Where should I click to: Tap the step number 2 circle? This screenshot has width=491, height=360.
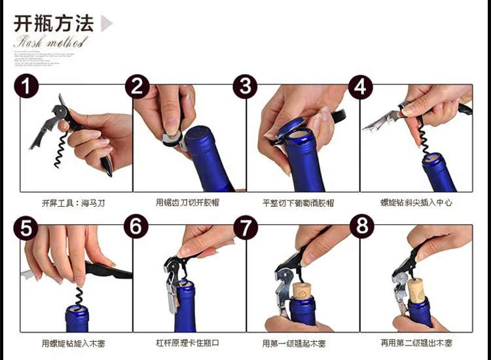coord(137,86)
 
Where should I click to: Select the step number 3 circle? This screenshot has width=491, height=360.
coord(245,86)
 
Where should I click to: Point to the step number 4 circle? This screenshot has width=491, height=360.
coord(361,86)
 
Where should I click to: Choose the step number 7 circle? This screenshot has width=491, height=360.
coord(245,227)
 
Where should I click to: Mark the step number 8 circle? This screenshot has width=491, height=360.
coord(361,227)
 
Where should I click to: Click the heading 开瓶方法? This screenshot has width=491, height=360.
coord(54,24)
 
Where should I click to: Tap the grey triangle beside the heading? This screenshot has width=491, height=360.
coord(106,24)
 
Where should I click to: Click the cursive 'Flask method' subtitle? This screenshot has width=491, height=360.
coord(49,44)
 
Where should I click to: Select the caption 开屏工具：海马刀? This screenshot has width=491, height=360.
coord(73,204)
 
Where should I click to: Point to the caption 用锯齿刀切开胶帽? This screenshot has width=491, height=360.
coord(188,204)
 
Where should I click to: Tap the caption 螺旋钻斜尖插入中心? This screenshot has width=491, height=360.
coord(416,204)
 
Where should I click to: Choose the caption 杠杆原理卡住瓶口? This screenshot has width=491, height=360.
coord(188,343)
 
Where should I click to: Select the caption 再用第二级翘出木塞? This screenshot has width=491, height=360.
coord(416,343)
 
